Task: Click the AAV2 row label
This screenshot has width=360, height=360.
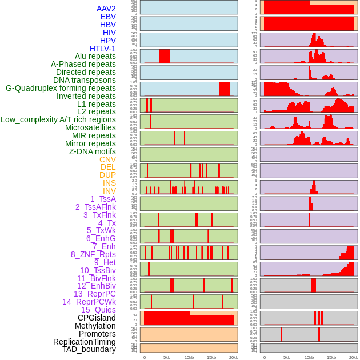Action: point(106,9)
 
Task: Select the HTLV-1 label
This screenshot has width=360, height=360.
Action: point(102,49)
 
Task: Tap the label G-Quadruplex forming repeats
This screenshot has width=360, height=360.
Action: point(61,88)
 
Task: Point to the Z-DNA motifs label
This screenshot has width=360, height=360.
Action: point(92,151)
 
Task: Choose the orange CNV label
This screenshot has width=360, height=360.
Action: point(107,159)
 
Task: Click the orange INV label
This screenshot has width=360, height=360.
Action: point(109,191)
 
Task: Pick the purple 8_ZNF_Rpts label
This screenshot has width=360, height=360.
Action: point(93,254)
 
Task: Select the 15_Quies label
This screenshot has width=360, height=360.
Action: point(98,310)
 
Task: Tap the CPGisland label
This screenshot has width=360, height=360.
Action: point(97,318)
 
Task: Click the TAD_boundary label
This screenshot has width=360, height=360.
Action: point(89,349)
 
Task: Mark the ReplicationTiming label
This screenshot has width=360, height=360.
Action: point(84,342)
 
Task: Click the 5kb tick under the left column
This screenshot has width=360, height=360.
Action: point(167,357)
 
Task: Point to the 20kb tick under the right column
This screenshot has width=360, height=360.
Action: point(354,357)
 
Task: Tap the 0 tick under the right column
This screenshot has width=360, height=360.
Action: point(264,357)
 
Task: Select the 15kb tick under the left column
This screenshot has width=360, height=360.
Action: point(211,357)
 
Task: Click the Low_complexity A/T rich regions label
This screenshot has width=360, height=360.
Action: point(58,119)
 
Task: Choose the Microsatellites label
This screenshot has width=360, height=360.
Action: point(90,127)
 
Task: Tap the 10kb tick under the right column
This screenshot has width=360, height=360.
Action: point(309,357)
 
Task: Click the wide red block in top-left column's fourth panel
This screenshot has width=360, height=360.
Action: point(164,56)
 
